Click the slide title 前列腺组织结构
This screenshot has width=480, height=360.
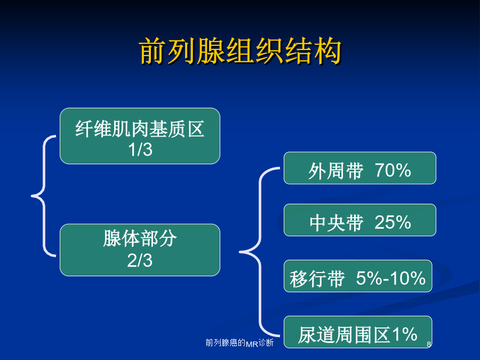click(240, 51)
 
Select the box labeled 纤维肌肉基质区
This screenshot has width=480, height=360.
click(140, 136)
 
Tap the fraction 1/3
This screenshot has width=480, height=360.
click(140, 150)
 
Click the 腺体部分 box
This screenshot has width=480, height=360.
click(140, 250)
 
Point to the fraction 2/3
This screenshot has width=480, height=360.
click(140, 260)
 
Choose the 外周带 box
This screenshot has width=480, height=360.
click(359, 168)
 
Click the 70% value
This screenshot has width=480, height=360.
click(393, 170)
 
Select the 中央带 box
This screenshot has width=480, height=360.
click(359, 220)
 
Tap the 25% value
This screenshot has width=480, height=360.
click(393, 222)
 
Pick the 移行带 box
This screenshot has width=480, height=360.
click(358, 276)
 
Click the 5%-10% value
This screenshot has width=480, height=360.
click(390, 278)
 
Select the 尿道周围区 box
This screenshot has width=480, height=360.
click(358, 332)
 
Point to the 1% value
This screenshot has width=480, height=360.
click(405, 334)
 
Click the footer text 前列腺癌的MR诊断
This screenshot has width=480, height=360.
click(239, 342)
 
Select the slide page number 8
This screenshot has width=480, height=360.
click(429, 345)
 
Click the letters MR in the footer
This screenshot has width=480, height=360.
click(252, 344)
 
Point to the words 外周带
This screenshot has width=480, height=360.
click(336, 171)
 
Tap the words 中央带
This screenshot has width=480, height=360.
click(337, 223)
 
